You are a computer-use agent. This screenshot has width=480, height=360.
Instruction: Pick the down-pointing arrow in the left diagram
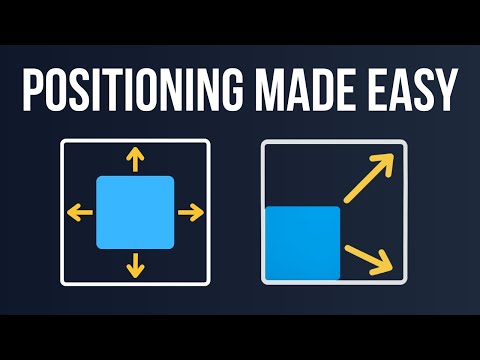(x=135, y=265)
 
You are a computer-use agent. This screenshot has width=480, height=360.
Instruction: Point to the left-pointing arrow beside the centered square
(x=81, y=212)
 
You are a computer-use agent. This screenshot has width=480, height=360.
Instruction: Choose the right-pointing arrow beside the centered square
(x=189, y=212)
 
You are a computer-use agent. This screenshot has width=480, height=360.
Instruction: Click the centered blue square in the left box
(x=135, y=212)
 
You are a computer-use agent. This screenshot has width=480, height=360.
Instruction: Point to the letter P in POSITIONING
(x=33, y=93)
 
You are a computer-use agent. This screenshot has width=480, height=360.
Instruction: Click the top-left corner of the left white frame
(x=63, y=142)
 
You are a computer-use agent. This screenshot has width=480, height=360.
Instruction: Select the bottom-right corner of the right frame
(x=407, y=283)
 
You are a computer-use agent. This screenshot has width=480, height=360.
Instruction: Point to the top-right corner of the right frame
(x=407, y=142)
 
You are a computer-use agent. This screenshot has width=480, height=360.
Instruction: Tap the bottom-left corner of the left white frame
(x=63, y=283)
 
